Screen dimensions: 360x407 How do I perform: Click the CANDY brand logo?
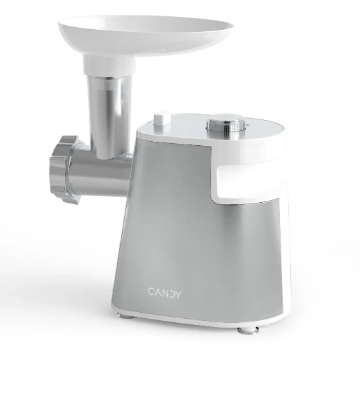click(165, 292)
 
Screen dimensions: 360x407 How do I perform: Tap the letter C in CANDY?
click(151, 292)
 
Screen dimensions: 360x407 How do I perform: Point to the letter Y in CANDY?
click(178, 294)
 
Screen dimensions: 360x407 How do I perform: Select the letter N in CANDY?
click(165, 292)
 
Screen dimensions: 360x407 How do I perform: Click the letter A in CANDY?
click(158, 292)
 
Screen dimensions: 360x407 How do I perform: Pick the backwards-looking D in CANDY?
click(171, 293)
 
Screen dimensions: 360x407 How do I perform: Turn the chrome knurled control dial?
click(226, 127)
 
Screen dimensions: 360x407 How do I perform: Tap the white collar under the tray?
click(109, 65)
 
